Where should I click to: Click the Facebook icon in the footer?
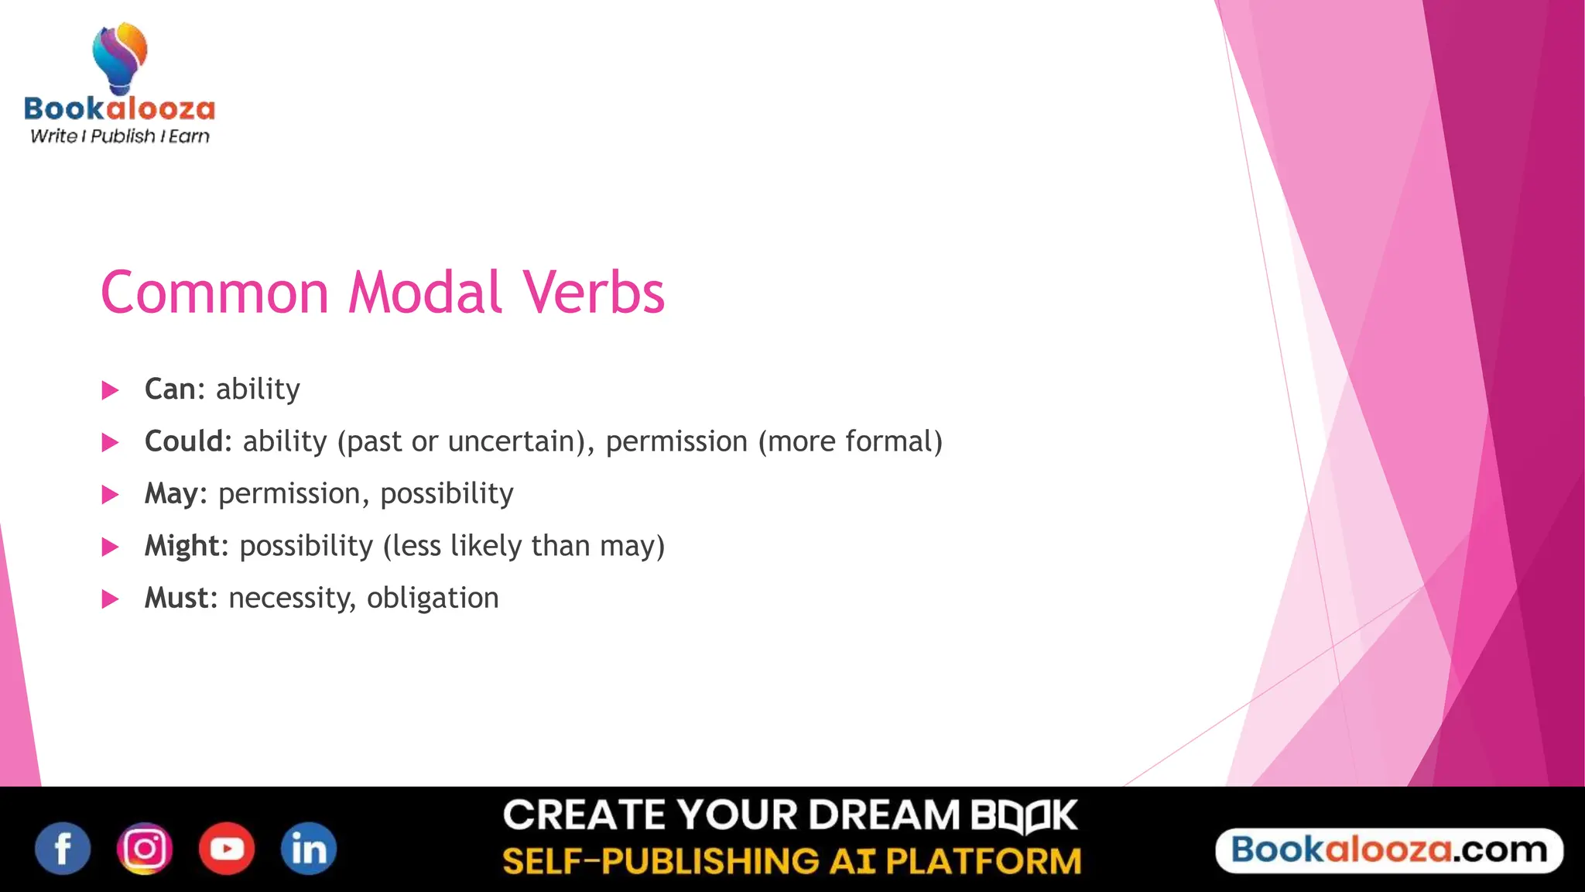[x=63, y=849]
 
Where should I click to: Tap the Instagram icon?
[x=145, y=849]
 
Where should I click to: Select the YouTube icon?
[x=227, y=849]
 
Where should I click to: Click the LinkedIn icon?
[x=309, y=849]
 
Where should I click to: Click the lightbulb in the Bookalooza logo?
[x=120, y=58]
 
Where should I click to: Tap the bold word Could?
[x=183, y=441]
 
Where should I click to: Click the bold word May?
[x=171, y=494]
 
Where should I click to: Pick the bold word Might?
[x=182, y=547]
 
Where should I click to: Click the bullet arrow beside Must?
[x=111, y=599]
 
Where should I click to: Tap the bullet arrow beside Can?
[x=111, y=390]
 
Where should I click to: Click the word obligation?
[x=433, y=598]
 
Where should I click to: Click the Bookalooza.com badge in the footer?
[x=1389, y=850]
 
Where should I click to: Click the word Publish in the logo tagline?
[x=123, y=136]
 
